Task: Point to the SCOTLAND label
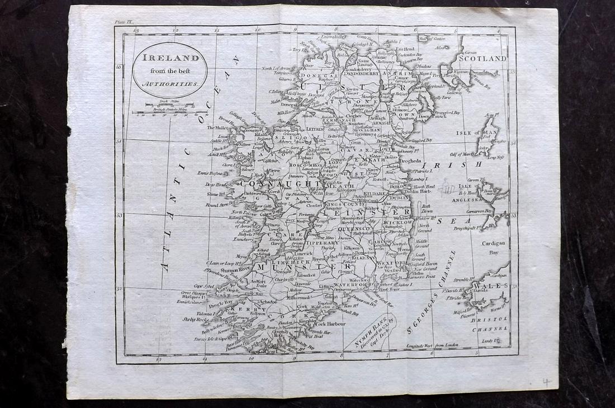(482, 58)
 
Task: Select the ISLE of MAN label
(461, 132)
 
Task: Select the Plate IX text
(124, 22)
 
